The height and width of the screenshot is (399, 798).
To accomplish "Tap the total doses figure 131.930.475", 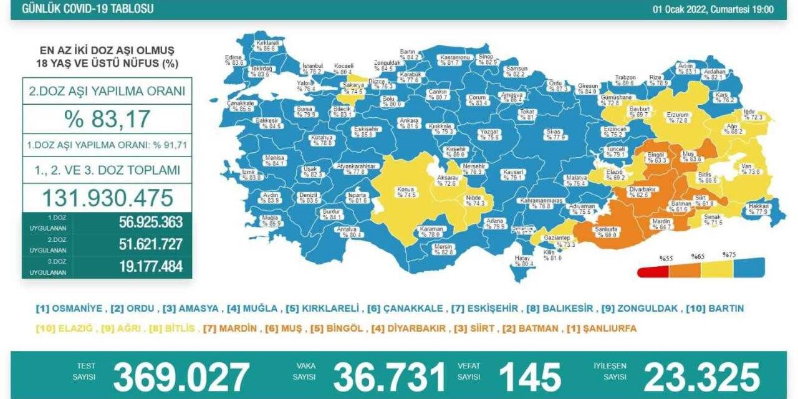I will point(107,198).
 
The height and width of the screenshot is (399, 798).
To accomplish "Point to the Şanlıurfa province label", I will point(607,231).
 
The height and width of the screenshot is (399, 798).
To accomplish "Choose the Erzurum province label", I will point(678,117).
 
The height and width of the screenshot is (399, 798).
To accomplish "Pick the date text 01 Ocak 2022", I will point(681,9).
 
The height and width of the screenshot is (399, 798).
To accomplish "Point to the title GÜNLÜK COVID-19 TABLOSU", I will point(87,9).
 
